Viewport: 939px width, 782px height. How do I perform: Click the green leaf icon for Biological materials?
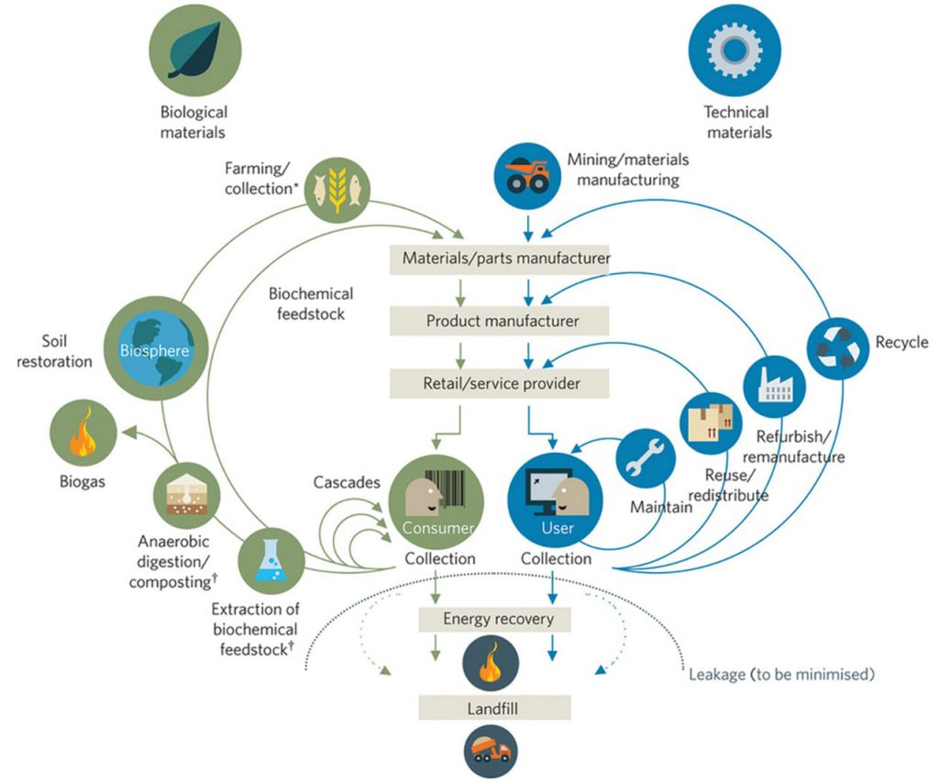click(195, 50)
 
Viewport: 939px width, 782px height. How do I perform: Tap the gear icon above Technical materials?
click(735, 50)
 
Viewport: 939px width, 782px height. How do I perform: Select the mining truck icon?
click(527, 176)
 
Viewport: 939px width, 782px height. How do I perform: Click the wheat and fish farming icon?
click(337, 189)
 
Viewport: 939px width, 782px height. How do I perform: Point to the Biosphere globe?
click(156, 348)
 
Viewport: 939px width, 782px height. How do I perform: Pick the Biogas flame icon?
click(83, 433)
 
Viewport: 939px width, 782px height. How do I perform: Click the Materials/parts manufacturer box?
click(500, 259)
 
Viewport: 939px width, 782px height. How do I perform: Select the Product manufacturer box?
click(500, 321)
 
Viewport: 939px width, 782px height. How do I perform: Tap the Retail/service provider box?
click(500, 383)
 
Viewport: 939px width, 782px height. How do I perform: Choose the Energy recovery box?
click(494, 619)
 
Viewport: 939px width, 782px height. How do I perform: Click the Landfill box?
click(494, 708)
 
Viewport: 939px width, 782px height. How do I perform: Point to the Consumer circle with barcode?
click(436, 501)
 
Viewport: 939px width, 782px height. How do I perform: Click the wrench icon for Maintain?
click(646, 458)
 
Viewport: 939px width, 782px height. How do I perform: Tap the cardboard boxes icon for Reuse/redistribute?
click(711, 423)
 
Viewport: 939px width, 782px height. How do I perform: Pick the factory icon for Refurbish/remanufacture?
click(774, 386)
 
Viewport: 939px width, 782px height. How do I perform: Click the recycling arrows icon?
click(838, 348)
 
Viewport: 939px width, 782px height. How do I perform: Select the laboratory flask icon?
click(271, 561)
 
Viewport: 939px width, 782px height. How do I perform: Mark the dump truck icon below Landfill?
click(491, 751)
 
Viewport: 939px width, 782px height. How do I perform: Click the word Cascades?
click(347, 482)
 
